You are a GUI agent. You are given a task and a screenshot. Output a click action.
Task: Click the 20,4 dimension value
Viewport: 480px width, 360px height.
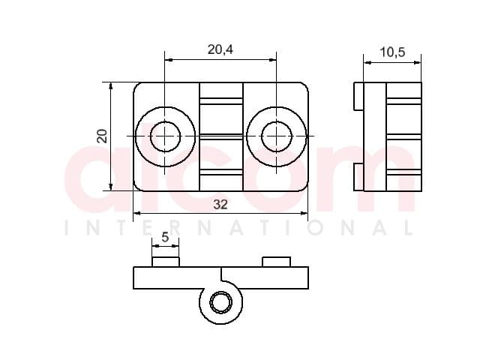point(220,49)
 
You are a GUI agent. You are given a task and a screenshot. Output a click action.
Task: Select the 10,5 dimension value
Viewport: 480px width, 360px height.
point(392,52)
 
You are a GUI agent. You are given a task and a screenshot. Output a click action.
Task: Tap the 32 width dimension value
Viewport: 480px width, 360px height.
point(220,205)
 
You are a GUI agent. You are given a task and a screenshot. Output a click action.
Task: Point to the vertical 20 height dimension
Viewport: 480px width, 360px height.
point(102,136)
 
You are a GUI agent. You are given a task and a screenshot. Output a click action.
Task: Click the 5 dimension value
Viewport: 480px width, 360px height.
point(165,237)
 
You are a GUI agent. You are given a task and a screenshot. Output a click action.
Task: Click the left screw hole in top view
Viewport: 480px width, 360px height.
point(165,136)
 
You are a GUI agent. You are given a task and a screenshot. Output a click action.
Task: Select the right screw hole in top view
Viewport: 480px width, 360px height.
point(277,136)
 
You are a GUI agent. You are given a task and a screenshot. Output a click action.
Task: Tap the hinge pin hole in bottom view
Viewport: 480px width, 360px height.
point(220,303)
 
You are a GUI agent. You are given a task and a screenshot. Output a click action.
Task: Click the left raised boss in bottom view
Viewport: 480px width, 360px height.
point(166,262)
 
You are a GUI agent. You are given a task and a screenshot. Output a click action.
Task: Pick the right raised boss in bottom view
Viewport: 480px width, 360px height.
point(277,262)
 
